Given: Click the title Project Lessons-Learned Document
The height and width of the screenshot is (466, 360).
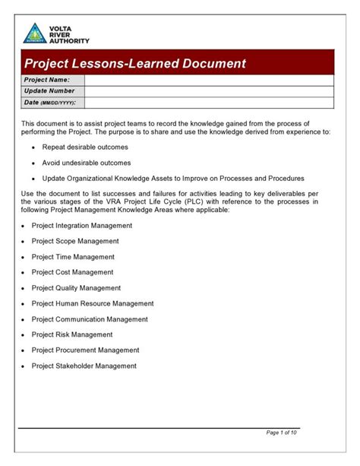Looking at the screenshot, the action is (x=134, y=63).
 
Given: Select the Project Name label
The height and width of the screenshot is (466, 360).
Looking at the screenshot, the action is (x=47, y=79).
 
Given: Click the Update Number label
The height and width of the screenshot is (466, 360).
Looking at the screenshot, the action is (x=51, y=90).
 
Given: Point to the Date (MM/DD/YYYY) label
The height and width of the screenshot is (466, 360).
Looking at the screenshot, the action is (x=52, y=102).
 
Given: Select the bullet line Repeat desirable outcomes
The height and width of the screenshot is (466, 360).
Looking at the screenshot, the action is (x=85, y=147).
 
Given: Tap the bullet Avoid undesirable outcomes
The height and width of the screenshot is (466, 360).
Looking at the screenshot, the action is (x=87, y=163).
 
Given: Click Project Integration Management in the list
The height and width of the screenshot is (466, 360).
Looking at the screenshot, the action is (x=82, y=226).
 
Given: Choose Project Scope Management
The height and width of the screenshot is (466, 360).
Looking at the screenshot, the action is (x=75, y=241).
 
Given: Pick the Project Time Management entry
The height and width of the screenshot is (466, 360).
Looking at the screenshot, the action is (x=73, y=257).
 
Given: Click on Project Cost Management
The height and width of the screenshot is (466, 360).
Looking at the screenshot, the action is (x=72, y=272).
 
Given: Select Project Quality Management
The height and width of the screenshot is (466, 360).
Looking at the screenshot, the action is (x=76, y=288).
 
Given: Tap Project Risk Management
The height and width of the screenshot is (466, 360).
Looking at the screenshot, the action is (x=72, y=334).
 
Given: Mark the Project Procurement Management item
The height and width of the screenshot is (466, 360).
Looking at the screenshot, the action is (x=85, y=350).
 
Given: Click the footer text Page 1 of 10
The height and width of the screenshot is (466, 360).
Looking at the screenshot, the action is (x=282, y=433).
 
